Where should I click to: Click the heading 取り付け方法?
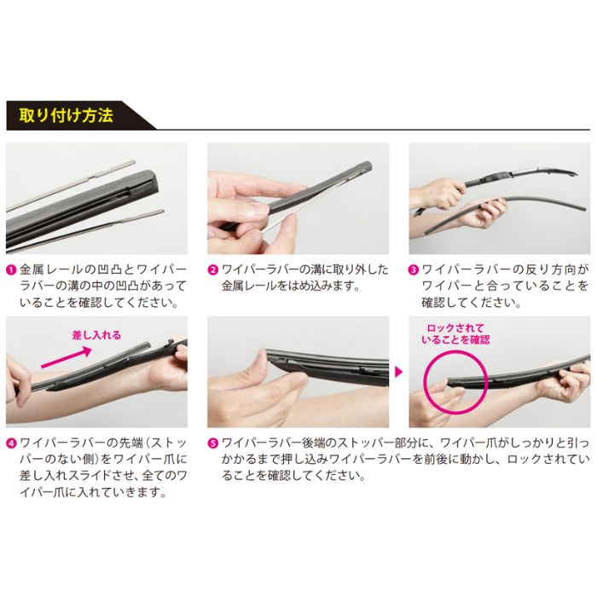coord(61,115)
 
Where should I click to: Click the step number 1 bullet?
coord(11,270)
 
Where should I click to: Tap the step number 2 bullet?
coord(213,270)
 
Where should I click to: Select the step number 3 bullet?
coord(414,270)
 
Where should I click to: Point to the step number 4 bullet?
coord(11,443)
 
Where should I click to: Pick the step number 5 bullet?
coord(213,443)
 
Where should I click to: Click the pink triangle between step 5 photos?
coord(398,372)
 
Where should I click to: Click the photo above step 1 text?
coord(97,198)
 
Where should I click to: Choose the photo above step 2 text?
coord(298,198)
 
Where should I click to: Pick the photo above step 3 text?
coord(499,198)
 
